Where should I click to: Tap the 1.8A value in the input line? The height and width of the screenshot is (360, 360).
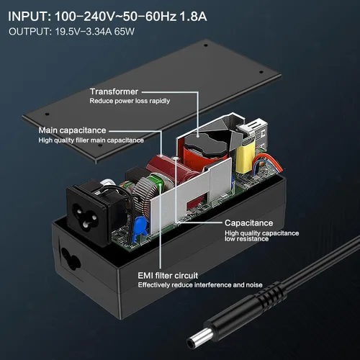193,17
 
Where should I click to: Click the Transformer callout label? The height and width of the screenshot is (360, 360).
114,91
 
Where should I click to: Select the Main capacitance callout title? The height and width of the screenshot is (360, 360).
72,130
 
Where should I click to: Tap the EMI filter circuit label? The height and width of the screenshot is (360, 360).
168,276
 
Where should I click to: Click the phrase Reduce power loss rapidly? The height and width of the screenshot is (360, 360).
130,101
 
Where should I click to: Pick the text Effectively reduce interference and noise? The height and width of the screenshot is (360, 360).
200,285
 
